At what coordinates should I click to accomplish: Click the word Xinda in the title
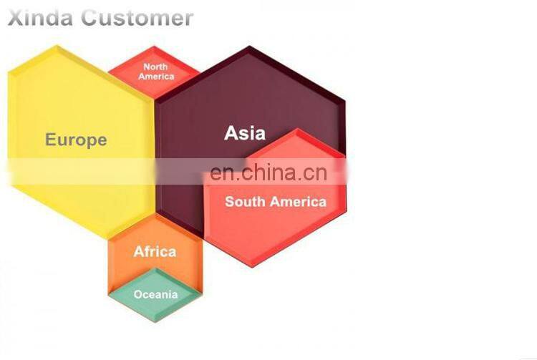click(x=40, y=18)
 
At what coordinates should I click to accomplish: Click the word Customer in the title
click(x=137, y=18)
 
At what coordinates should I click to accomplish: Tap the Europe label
click(x=76, y=140)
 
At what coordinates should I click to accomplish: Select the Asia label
click(x=245, y=133)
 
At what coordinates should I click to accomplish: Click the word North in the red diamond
click(x=155, y=67)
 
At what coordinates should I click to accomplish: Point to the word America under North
click(x=156, y=77)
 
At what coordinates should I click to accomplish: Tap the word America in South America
click(x=298, y=202)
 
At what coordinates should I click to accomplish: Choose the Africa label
click(x=155, y=251)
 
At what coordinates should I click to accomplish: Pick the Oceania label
click(x=156, y=294)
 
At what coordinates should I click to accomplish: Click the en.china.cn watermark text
click(x=268, y=172)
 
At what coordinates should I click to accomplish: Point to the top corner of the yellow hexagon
click(x=57, y=46)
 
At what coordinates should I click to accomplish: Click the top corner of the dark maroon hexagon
click(x=250, y=46)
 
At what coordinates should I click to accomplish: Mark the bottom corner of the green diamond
click(x=155, y=321)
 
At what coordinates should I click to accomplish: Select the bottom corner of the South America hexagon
click(x=253, y=267)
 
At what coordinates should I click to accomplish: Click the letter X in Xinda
click(x=16, y=18)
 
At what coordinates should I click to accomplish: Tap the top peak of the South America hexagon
click(x=297, y=129)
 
